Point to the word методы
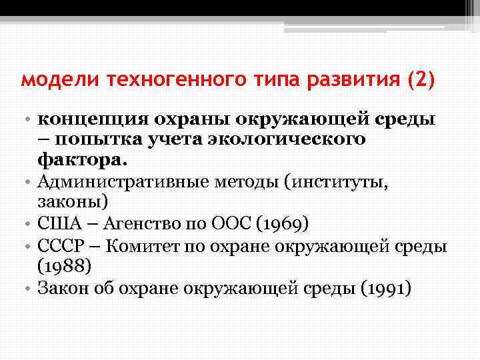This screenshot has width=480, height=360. (247, 180)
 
